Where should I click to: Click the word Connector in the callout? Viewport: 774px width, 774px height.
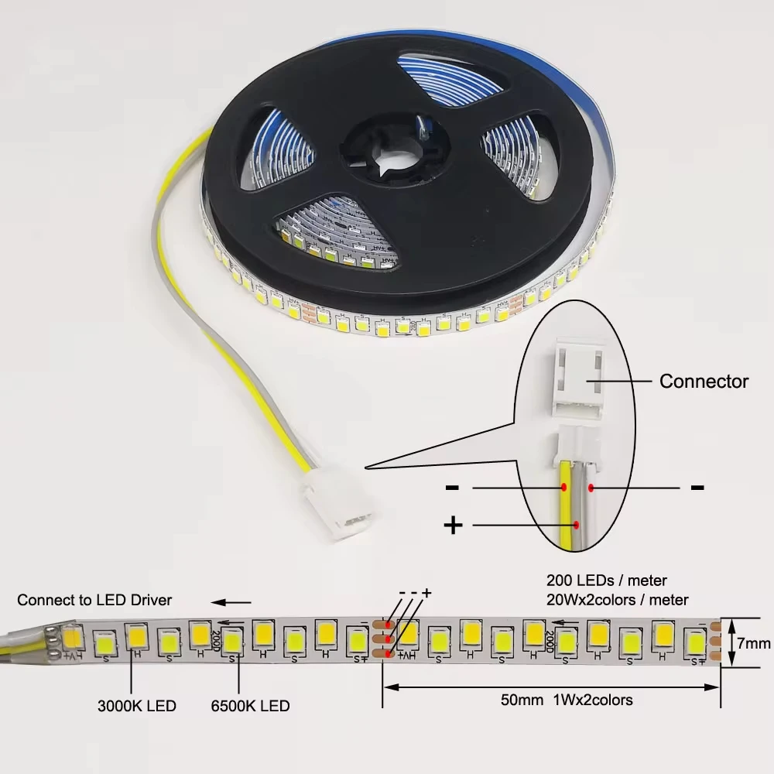point(704,381)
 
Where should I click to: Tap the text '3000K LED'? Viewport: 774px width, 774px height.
point(137,706)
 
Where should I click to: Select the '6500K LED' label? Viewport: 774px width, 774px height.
point(250,706)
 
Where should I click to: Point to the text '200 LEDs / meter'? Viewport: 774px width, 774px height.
point(607,580)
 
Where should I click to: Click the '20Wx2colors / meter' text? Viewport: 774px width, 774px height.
point(617,599)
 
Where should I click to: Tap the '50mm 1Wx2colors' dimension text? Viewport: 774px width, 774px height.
point(566,700)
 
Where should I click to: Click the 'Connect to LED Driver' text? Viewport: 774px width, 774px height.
point(94,600)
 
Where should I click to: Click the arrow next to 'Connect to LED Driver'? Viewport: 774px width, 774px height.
point(232,601)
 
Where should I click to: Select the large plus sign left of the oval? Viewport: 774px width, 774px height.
point(453,526)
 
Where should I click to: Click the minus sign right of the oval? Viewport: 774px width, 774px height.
point(697,487)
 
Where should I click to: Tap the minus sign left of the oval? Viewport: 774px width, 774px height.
point(453,488)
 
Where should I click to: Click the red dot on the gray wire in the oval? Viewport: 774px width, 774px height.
point(591,487)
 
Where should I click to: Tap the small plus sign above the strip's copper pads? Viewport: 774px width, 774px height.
point(426,593)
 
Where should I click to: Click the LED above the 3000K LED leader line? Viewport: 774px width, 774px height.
point(136,638)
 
